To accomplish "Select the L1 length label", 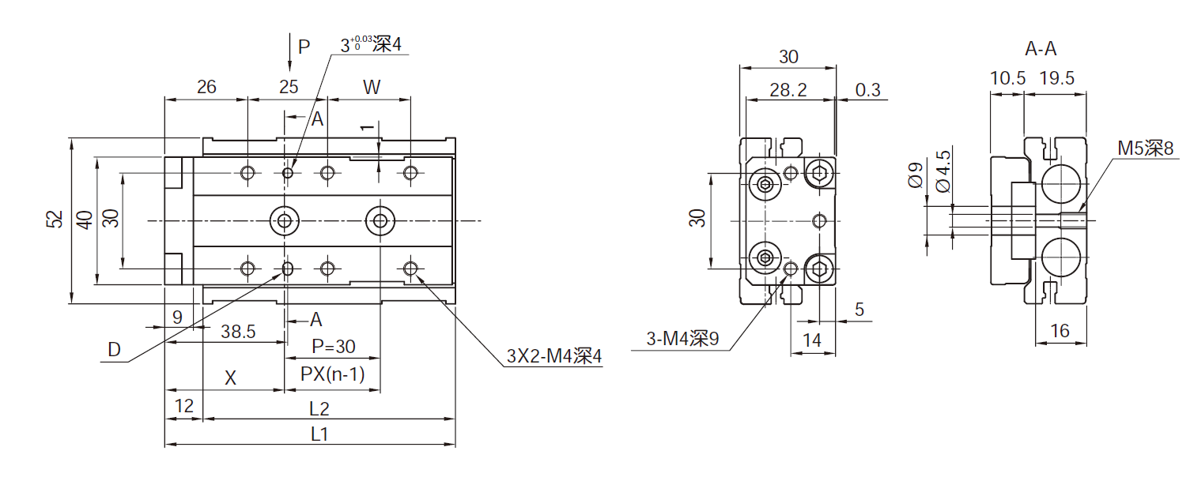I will point(319,434).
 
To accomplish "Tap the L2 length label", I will point(319,408).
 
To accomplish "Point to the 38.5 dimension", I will point(238,332).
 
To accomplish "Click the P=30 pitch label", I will point(333,346).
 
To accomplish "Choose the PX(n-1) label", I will point(332,374).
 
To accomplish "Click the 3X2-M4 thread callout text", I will point(554,356).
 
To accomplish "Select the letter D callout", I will point(115,350).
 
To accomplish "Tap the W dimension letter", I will point(371,87).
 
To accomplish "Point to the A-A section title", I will point(1041,49).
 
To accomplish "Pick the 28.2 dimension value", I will point(788,90).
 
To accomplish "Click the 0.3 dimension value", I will point(867,90).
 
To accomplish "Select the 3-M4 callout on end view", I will point(682,340).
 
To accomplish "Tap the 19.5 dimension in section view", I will point(1057,78).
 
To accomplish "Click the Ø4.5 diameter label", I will point(943,170).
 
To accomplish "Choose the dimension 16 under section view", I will point(1060,331).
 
